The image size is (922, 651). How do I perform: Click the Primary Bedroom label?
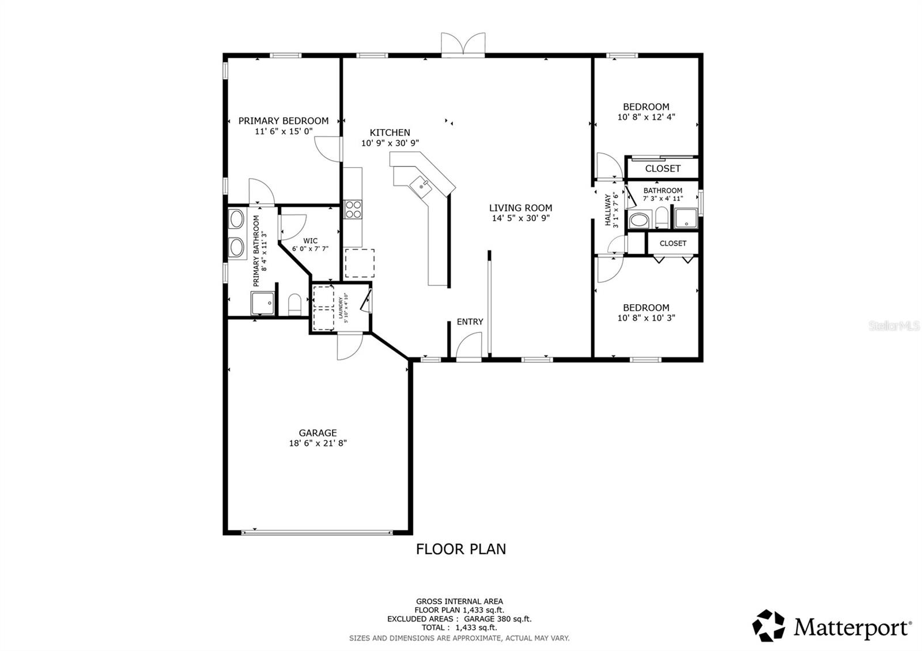(x=284, y=121)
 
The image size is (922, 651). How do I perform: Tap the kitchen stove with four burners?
(x=352, y=209)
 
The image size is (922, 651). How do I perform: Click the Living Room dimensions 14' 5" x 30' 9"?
(x=520, y=218)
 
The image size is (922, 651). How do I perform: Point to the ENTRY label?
(x=470, y=322)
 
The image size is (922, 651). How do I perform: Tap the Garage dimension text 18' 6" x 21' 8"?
(x=318, y=444)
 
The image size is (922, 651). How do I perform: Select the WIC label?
(x=310, y=241)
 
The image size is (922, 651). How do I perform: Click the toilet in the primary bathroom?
(x=294, y=304)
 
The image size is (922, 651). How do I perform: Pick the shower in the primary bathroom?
(x=263, y=303)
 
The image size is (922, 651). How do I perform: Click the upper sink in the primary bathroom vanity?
(x=237, y=219)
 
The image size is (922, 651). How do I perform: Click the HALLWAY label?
(x=607, y=210)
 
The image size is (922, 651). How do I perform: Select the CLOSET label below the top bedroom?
(x=663, y=169)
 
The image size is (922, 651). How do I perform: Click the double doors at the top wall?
(x=463, y=45)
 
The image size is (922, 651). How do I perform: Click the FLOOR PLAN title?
(x=461, y=549)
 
